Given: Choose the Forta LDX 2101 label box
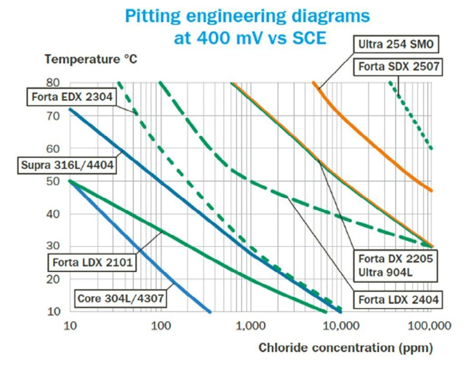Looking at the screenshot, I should (x=92, y=263).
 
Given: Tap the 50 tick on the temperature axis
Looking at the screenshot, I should (x=54, y=181).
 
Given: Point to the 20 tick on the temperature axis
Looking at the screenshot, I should (x=54, y=279).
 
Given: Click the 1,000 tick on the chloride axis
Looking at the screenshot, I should (x=250, y=326).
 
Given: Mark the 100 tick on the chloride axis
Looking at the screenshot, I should (x=160, y=326).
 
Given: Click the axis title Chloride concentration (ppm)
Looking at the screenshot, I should (x=346, y=348).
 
